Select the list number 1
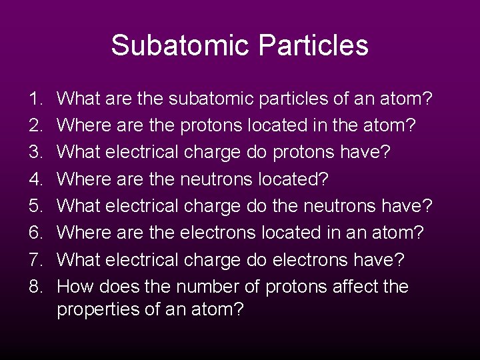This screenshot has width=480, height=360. tap(35, 99)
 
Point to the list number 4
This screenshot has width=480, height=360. tap(35, 179)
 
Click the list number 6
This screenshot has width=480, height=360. tap(35, 233)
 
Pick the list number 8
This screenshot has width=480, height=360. tap(35, 287)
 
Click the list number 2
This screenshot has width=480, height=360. tap(35, 126)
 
